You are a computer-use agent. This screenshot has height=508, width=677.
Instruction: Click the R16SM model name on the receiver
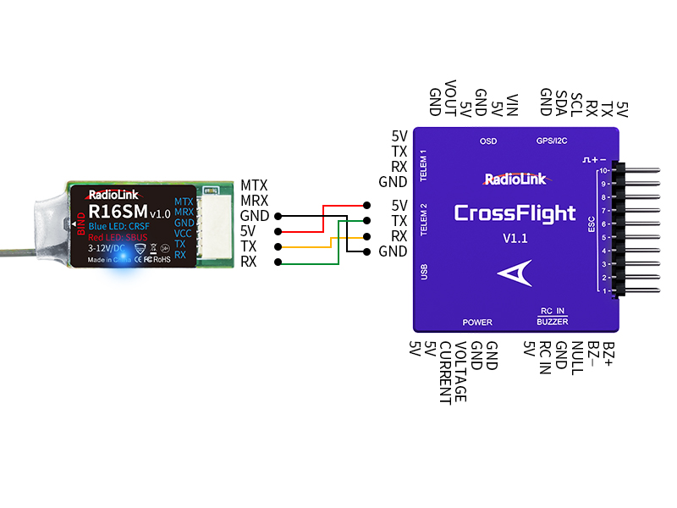[x=118, y=212]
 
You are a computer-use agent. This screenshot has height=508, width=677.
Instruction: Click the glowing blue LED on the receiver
[x=124, y=257]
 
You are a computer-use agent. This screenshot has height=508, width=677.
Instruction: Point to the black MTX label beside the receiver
[x=254, y=185]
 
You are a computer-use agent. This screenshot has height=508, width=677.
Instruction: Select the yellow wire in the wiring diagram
[x=322, y=246]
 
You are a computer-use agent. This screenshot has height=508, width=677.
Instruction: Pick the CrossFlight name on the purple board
[x=514, y=213]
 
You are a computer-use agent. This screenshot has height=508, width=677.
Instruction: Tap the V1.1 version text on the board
[x=515, y=238]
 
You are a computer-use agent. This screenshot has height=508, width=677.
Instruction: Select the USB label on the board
[x=423, y=272]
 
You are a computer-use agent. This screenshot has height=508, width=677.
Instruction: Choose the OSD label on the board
[x=488, y=141]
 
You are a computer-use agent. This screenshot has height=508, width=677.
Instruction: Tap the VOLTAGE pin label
[x=460, y=372]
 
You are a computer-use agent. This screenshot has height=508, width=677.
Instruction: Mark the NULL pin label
[x=575, y=356]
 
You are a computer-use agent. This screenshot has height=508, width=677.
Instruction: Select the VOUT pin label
[x=450, y=98]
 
